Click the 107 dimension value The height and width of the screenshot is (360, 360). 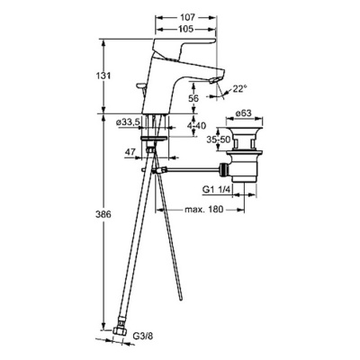pos(187,17)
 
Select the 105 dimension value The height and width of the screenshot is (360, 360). pos(187,29)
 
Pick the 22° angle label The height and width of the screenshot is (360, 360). pos(240,88)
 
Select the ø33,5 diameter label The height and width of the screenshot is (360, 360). pos(128,122)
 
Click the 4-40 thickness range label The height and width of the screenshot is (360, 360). pos(196,126)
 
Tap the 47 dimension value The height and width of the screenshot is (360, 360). pos(130,151)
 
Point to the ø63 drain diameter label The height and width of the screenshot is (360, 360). pos(243,113)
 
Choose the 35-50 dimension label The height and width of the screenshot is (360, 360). pos(216,139)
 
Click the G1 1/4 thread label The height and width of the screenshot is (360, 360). pos(216,189)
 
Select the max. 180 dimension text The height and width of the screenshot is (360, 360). pos(204,209)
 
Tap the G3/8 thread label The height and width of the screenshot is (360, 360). pos(143,336)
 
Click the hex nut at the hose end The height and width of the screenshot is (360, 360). pos(120,331)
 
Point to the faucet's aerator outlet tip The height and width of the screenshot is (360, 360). pos(215,80)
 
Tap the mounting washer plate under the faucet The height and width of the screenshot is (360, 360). pos(153,139)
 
